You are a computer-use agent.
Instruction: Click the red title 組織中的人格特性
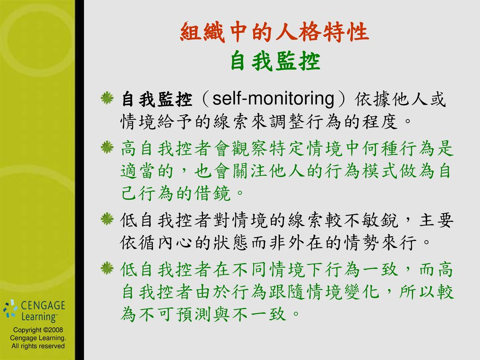click(x=275, y=31)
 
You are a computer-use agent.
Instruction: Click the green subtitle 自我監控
click(x=275, y=61)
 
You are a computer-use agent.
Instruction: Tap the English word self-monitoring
click(x=273, y=99)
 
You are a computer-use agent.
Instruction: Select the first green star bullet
click(x=107, y=98)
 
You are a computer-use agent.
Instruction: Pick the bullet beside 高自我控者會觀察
click(x=107, y=147)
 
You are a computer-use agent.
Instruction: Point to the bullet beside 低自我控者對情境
click(x=107, y=219)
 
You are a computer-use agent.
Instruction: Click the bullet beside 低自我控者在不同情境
click(x=107, y=268)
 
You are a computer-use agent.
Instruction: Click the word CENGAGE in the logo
click(x=43, y=305)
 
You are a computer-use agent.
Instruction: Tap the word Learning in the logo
click(x=39, y=317)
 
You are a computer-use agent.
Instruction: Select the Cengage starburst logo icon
click(x=10, y=308)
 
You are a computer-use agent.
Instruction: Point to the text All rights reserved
click(x=38, y=346)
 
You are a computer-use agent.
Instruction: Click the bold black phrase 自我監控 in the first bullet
click(x=157, y=99)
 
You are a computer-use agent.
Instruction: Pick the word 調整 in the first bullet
click(x=287, y=121)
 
